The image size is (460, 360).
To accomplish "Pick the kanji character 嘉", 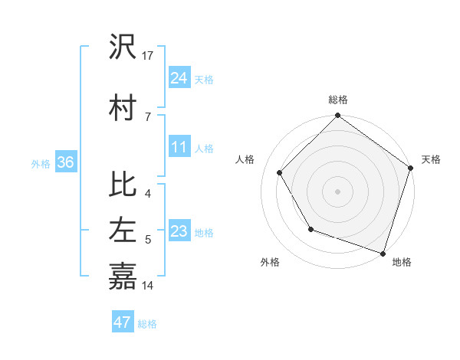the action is [123, 276].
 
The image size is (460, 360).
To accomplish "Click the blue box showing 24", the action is [179, 78].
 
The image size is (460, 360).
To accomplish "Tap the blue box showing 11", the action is [179, 148].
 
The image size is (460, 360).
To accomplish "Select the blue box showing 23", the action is [179, 232].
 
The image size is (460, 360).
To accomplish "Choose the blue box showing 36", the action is [65, 162].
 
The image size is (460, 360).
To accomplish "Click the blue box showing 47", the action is [123, 322].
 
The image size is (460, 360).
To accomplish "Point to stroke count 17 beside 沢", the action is [148, 56].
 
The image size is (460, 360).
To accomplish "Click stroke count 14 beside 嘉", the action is [148, 286].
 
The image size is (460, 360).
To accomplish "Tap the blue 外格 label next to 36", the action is [41, 163].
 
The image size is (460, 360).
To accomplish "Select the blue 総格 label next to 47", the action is [147, 324].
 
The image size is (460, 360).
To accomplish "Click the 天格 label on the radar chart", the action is [431, 159].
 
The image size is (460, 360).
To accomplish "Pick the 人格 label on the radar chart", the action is [245, 159].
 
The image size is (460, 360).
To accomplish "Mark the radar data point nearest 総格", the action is [337, 116].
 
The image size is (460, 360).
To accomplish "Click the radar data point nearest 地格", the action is [383, 252].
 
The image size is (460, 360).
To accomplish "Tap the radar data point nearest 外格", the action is [310, 228].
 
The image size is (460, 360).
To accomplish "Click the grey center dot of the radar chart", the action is [337, 191].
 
